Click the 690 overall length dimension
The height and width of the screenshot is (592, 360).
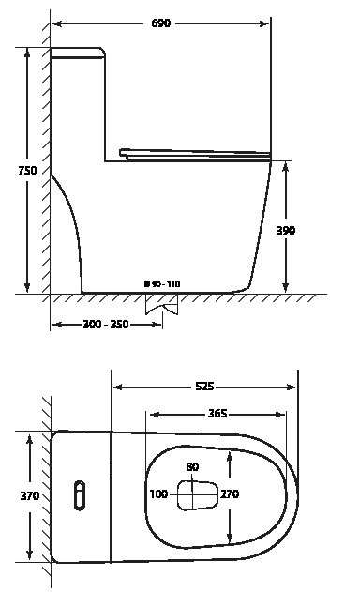pos(160,23)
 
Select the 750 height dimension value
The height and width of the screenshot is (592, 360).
pos(27,170)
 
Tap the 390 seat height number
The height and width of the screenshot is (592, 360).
pos(286,230)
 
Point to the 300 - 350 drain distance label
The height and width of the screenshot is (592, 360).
pos(106,324)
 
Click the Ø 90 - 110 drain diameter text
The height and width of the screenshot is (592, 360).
pos(162,284)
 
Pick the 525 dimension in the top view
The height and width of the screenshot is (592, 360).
pos(204,387)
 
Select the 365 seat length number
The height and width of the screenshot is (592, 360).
pos(217,414)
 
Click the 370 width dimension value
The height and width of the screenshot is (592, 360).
pos(29,495)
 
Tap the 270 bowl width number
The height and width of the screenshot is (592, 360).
pos(230,493)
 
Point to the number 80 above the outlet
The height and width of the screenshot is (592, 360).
pos(192,467)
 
